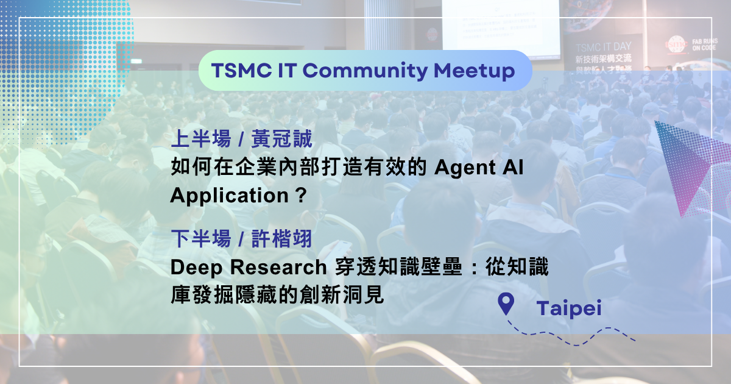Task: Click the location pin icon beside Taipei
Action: click(506, 304)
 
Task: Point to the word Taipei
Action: click(569, 308)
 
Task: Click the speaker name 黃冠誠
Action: click(281, 140)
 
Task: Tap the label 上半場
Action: click(201, 140)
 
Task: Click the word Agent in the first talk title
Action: click(467, 168)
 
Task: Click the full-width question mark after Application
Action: click(298, 196)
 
